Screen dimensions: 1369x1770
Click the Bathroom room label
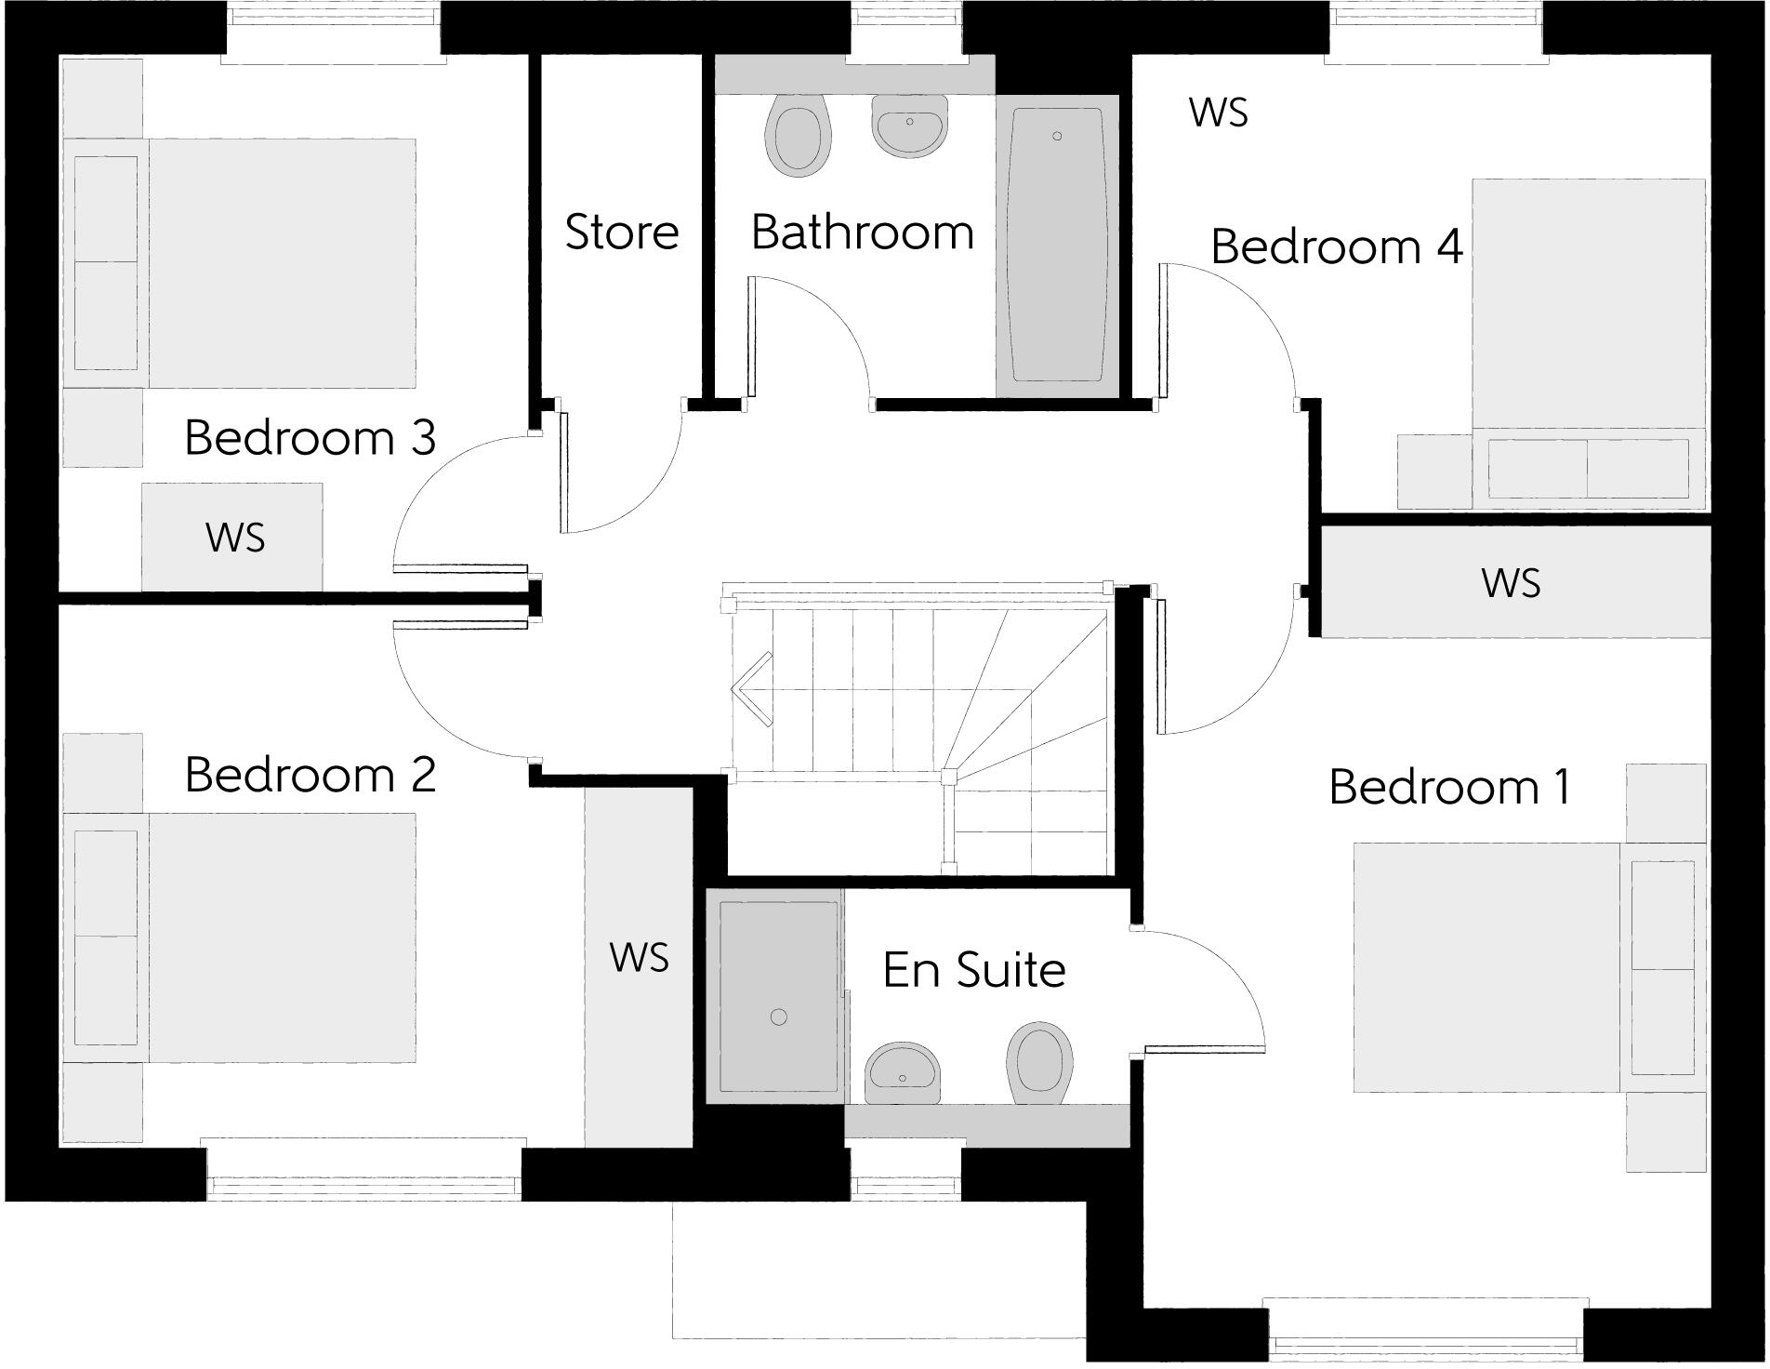(x=862, y=232)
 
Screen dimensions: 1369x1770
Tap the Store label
(x=622, y=232)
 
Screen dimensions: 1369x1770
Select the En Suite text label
(x=973, y=970)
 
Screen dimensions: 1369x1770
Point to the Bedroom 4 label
(x=1336, y=247)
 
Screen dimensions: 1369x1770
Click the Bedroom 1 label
(x=1449, y=787)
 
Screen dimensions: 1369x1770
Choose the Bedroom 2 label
(x=310, y=775)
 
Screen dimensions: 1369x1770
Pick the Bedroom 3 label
(x=310, y=437)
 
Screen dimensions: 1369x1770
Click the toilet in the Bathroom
(x=797, y=136)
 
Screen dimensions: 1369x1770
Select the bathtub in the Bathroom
(x=1058, y=246)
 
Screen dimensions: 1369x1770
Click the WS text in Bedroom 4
(x=1218, y=113)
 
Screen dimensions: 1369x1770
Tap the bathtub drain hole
(x=1057, y=137)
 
